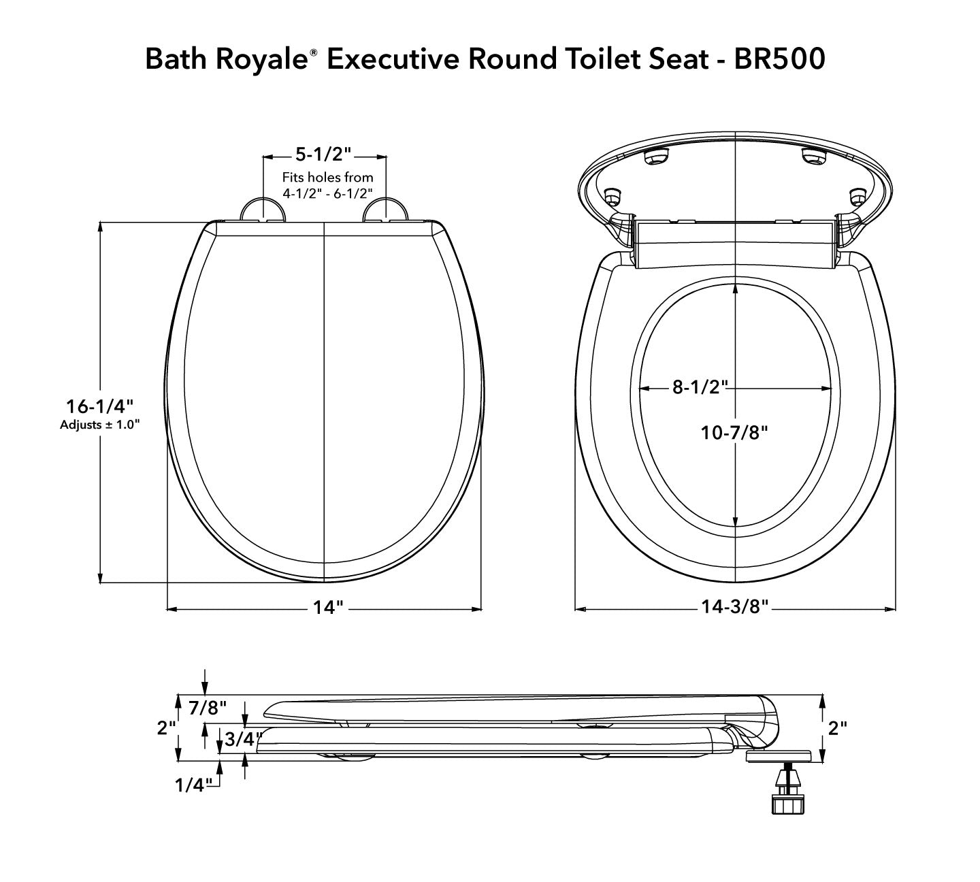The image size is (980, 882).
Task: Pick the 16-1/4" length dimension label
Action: pos(99,406)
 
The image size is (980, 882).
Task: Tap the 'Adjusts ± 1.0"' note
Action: pos(99,425)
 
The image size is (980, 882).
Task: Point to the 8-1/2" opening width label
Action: pos(700,387)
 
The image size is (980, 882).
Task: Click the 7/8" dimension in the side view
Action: pos(208,708)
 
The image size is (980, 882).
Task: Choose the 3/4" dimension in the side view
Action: pos(240,739)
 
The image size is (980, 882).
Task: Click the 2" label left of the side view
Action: pos(166,728)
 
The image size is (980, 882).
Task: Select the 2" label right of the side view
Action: pos(838,728)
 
